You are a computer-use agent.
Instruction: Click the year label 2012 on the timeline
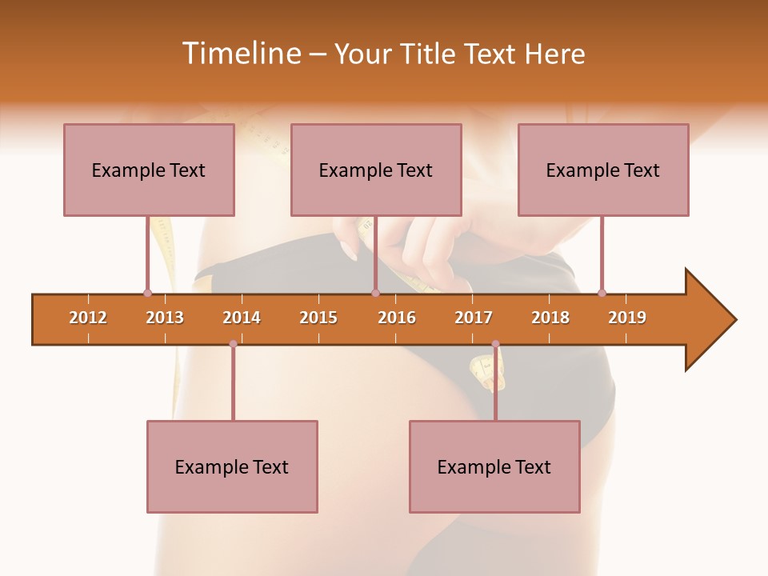coord(88,318)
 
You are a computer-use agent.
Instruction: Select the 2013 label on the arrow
coord(165,318)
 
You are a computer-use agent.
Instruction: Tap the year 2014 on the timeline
coord(242,318)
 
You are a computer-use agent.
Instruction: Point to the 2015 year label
coord(318,318)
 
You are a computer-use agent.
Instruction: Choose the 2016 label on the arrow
coord(397,318)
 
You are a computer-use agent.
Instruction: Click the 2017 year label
coord(474,318)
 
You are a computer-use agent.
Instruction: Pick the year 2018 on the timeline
coord(550,318)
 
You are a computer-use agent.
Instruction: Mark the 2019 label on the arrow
coord(627,318)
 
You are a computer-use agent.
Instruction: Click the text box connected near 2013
coord(149,170)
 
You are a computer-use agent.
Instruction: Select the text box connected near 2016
coord(376,170)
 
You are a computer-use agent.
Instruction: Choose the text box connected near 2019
coord(603,170)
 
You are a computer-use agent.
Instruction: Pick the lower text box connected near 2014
coord(232,466)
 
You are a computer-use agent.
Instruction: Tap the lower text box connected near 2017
coord(494,466)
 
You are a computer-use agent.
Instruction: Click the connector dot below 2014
coord(233,344)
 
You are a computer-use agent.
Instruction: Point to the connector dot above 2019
coord(602,293)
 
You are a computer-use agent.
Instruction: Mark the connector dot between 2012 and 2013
coord(147,293)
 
